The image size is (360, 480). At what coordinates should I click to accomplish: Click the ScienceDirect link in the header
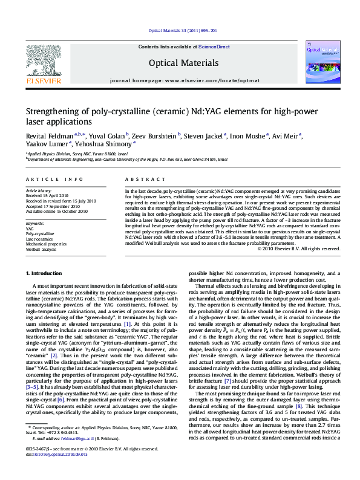click(214, 47)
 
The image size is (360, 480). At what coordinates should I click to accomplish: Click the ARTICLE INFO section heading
click(54, 180)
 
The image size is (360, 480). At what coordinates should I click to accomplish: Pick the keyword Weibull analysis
click(41, 249)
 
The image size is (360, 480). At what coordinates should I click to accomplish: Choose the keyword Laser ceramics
click(40, 239)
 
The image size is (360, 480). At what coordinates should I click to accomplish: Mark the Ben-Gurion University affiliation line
click(127, 159)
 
